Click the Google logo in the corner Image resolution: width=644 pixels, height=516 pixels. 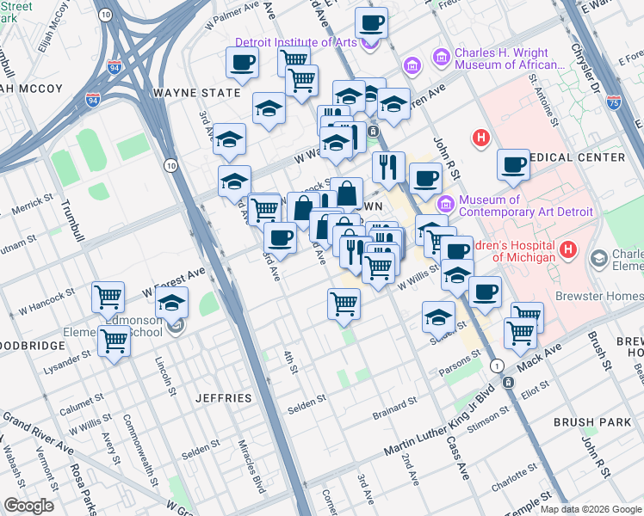tap(28, 506)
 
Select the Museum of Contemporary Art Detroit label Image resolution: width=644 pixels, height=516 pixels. tap(525, 206)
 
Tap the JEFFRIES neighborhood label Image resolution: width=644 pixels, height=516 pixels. tap(223, 398)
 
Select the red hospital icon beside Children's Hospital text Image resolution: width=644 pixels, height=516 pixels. tap(567, 250)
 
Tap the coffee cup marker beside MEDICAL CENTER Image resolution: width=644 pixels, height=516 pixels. tap(514, 165)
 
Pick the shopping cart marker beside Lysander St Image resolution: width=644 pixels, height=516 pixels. tap(115, 341)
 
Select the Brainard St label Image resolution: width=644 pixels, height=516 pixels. tap(394, 401)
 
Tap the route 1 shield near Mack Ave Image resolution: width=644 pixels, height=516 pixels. tap(497, 365)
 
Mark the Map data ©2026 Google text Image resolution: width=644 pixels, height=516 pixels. tap(590, 509)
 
